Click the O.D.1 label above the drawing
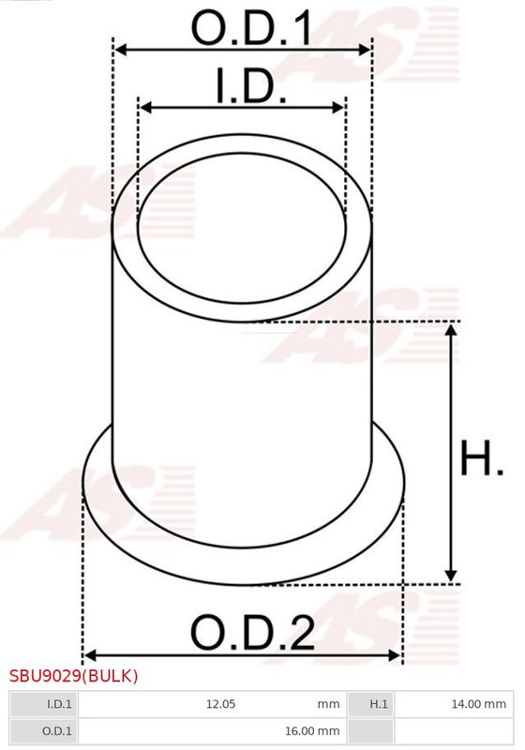click(x=251, y=28)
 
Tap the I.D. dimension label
click(x=251, y=86)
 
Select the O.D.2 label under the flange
click(x=252, y=632)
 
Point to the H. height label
click(x=482, y=458)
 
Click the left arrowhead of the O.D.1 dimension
click(x=121, y=50)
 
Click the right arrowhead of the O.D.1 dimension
click(x=366, y=50)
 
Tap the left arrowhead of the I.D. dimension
click(x=145, y=107)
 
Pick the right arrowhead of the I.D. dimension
click(x=338, y=107)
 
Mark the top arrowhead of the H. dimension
click(x=451, y=330)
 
